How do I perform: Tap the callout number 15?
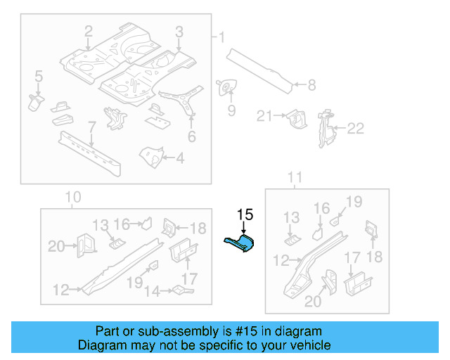click(245, 214)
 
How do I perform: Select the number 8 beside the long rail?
click(311, 86)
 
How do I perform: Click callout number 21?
click(264, 116)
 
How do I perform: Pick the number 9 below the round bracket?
click(231, 110)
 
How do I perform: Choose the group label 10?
click(73, 198)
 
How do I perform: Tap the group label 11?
click(295, 176)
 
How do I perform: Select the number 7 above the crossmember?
click(91, 127)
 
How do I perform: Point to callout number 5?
click(39, 76)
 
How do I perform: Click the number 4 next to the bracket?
click(180, 158)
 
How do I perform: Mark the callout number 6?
click(191, 137)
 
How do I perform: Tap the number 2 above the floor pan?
click(89, 32)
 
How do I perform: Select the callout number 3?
click(179, 32)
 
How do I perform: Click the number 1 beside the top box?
click(221, 37)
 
